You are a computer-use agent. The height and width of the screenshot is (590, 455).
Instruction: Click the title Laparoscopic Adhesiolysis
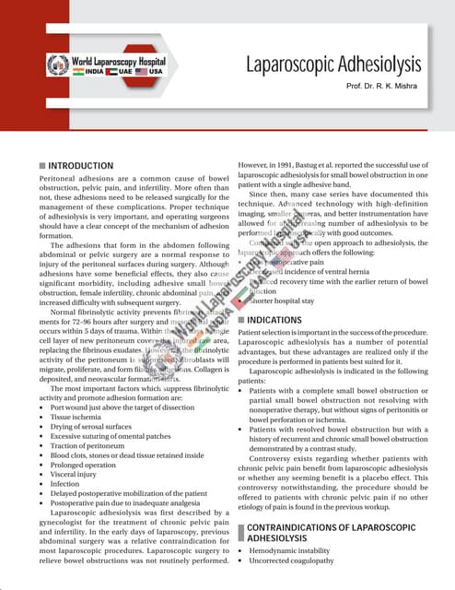tap(333, 65)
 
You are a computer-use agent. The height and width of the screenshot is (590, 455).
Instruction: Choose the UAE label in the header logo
tap(121, 71)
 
